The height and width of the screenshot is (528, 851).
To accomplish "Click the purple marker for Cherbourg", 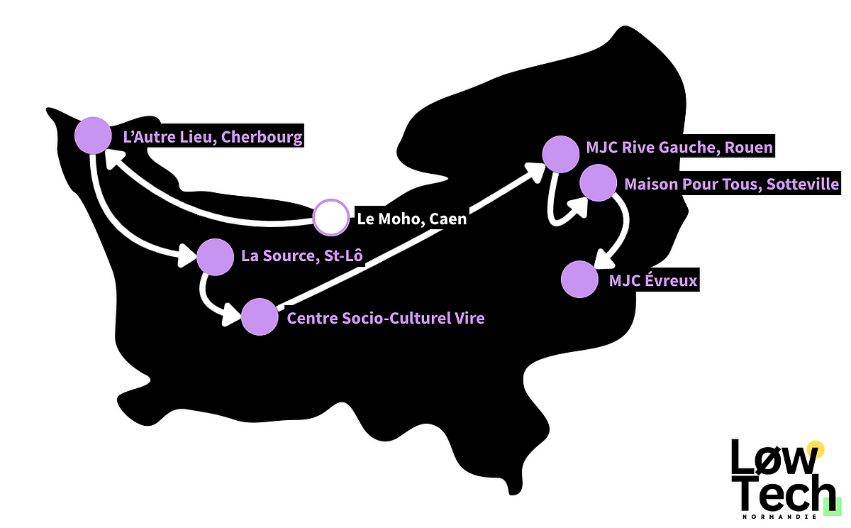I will click(x=93, y=136).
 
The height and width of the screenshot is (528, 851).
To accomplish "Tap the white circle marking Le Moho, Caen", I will click(x=331, y=217).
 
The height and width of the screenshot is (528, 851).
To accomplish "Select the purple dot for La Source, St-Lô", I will click(x=214, y=257).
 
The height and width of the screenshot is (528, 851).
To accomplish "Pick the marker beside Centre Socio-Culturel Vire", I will click(x=260, y=317).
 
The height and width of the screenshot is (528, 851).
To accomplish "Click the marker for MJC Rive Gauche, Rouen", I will click(x=560, y=154).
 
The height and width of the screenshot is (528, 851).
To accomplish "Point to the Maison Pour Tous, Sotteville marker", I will click(x=598, y=183).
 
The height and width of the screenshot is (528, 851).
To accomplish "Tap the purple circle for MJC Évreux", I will click(x=579, y=280).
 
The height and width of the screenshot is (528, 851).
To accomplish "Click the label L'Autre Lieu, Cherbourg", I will click(x=213, y=137).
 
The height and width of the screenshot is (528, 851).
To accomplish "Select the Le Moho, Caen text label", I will click(x=412, y=219).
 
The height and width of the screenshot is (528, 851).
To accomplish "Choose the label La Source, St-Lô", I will click(x=301, y=255).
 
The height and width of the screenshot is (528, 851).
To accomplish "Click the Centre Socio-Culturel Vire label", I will click(x=385, y=318).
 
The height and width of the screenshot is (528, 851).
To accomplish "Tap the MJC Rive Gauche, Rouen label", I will click(x=679, y=148).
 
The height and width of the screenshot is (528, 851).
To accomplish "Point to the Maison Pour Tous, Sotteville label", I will click(x=731, y=185).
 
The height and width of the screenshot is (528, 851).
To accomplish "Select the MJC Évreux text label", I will click(x=653, y=282).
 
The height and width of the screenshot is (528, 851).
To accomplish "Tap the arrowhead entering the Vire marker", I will click(x=230, y=316).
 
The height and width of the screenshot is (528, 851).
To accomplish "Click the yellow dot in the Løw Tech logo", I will click(x=816, y=449).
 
